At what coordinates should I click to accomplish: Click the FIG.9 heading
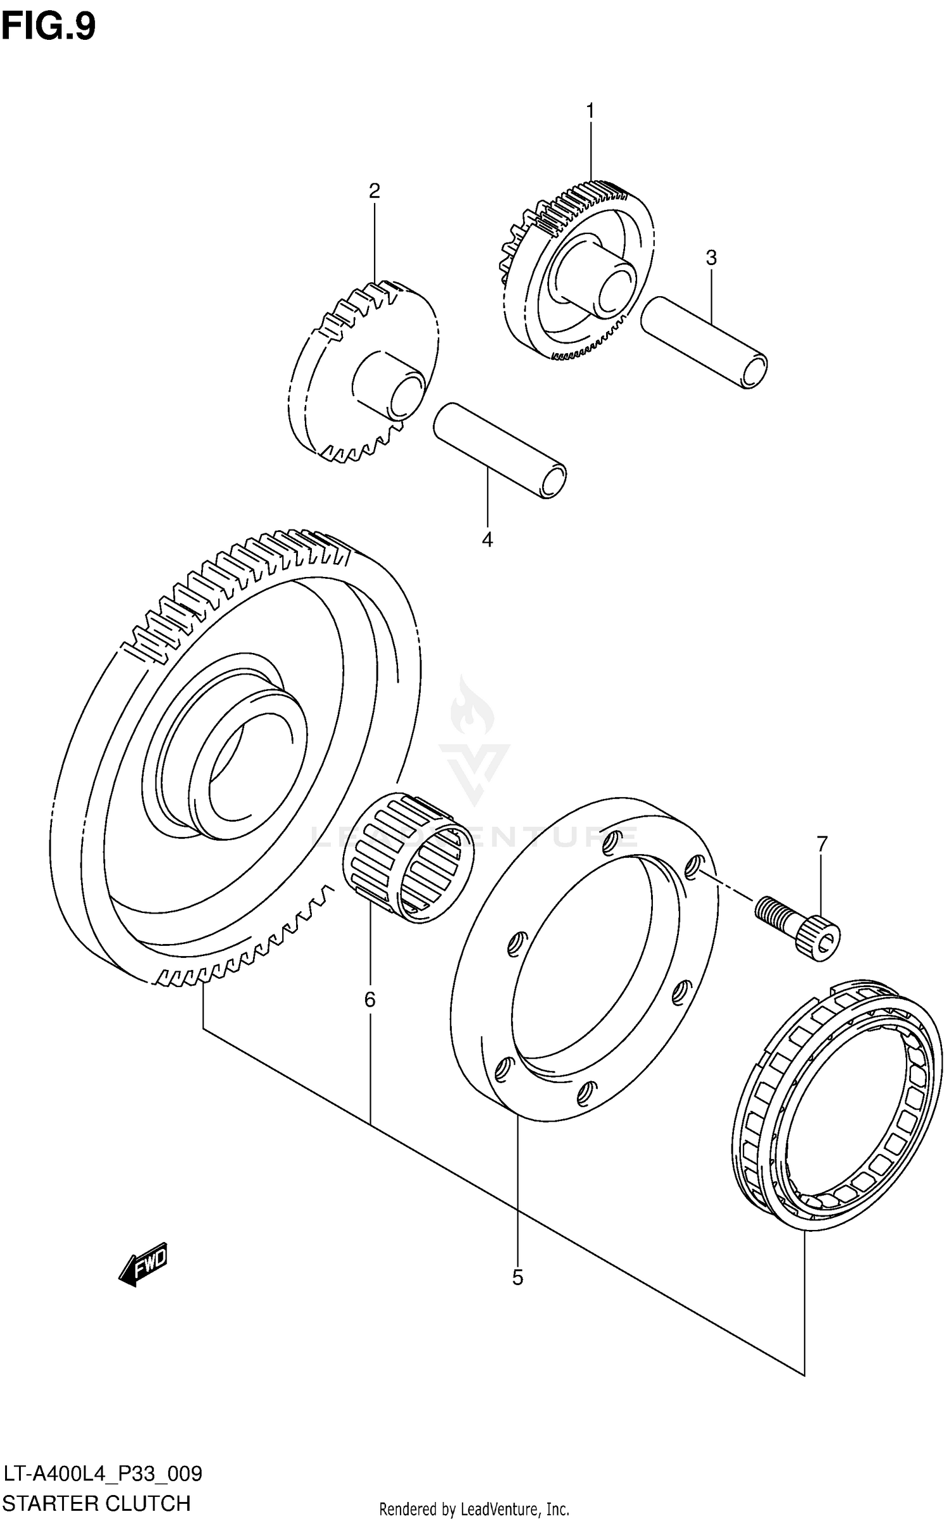pyautogui.click(x=49, y=27)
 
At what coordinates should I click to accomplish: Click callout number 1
pyautogui.click(x=590, y=111)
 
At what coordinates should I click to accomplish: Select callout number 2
pyautogui.click(x=375, y=191)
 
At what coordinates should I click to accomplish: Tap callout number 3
pyautogui.click(x=711, y=258)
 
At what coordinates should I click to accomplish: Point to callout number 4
pyautogui.click(x=487, y=539)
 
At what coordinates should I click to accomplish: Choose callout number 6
pyautogui.click(x=370, y=1000)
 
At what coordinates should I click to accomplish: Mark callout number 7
pyautogui.click(x=821, y=843)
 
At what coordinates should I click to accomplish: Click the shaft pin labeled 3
pyautogui.click(x=704, y=342)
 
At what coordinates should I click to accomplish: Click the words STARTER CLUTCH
pyautogui.click(x=97, y=1502)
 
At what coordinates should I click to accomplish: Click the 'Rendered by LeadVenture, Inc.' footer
pyautogui.click(x=474, y=1509)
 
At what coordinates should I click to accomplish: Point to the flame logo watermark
pyautogui.click(x=471, y=709)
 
